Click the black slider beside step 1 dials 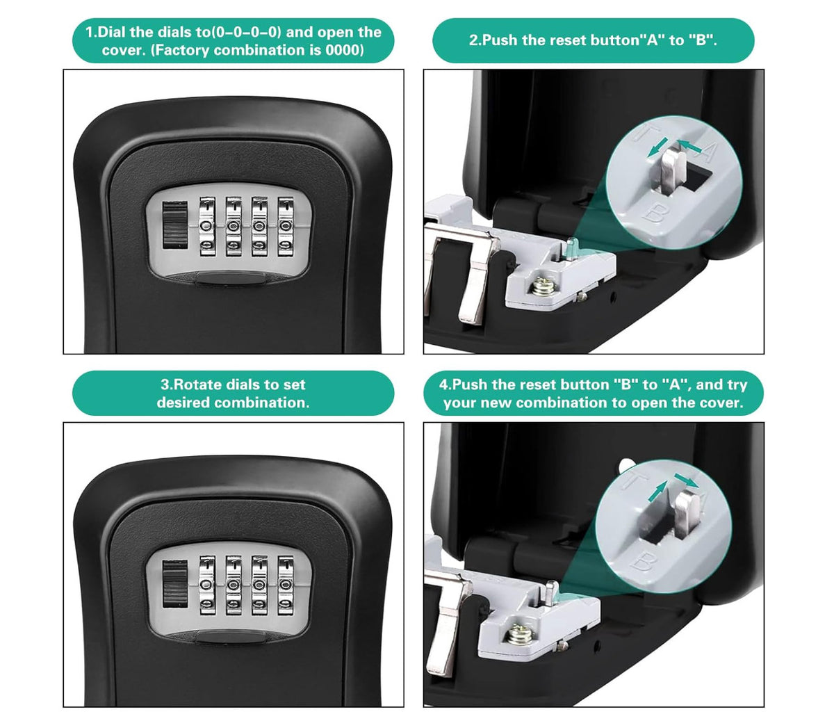pos(174,225)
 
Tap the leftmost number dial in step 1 pos(207,227)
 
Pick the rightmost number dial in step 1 pos(285,227)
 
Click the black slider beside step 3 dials pos(174,584)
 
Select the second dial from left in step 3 pos(234,585)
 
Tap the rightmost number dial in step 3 pos(285,585)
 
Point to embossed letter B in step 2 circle pos(655,213)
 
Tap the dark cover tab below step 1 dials pos(231,279)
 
